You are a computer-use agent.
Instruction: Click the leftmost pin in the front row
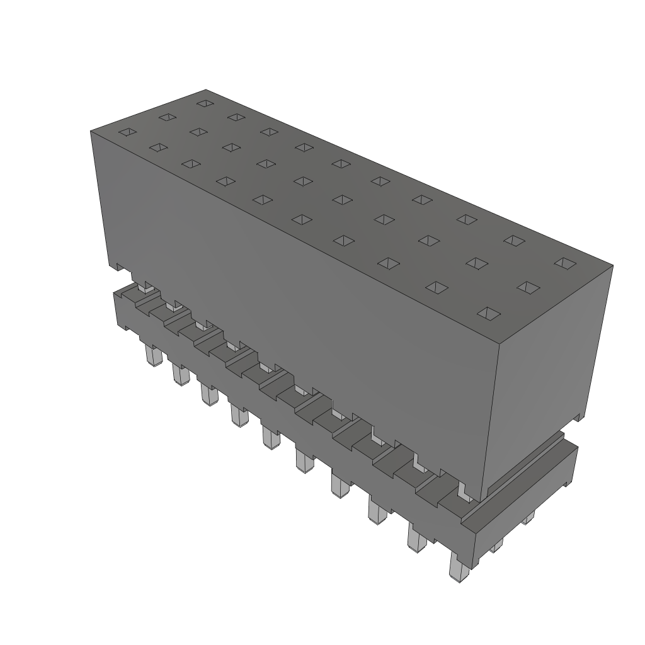(152, 355)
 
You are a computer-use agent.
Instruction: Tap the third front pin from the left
(207, 394)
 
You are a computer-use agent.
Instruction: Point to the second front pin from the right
(416, 538)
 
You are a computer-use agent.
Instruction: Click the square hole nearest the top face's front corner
(488, 312)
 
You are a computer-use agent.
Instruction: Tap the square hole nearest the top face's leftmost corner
(128, 132)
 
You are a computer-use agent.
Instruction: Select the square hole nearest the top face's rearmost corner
(203, 103)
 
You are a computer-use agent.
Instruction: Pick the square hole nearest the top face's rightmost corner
(565, 263)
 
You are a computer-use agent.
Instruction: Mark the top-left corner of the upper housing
(91, 130)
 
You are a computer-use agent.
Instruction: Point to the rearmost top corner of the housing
(207, 89)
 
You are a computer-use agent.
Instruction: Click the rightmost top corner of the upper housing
(613, 266)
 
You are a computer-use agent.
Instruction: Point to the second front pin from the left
(179, 375)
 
